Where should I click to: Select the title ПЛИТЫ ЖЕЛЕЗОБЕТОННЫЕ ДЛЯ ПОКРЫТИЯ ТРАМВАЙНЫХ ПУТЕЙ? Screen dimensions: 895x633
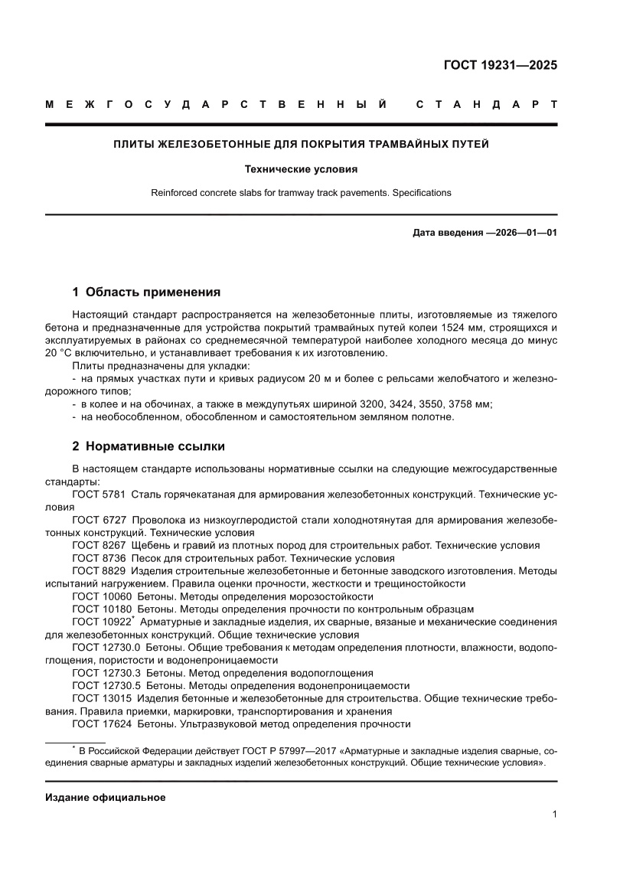(301, 143)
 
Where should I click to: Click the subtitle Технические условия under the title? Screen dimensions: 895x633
(301, 168)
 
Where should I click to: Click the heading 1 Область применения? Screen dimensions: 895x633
(146, 292)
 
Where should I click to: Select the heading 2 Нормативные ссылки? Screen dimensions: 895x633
(148, 446)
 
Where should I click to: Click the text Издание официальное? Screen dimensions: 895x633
(106, 797)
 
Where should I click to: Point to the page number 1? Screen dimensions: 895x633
(553, 815)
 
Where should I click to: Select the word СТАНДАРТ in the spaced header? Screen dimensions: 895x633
(487, 105)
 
